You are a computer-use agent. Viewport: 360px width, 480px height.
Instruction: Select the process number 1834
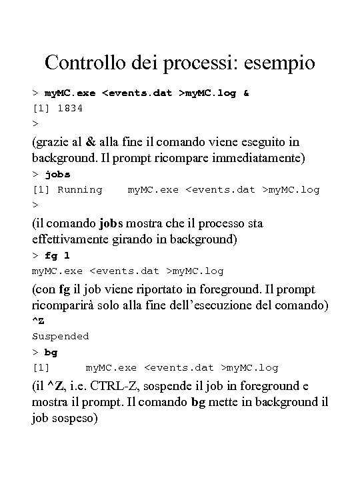tap(70, 107)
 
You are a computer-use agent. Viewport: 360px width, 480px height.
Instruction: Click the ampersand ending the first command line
tap(246, 93)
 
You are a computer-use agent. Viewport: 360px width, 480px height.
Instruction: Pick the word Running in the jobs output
tap(80, 189)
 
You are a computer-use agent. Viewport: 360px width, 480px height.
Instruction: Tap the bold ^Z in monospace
tap(39, 321)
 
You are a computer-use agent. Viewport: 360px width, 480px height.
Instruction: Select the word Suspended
tap(61, 337)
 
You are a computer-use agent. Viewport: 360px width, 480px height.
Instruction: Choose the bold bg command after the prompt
tap(51, 352)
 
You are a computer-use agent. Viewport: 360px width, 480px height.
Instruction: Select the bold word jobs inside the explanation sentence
tap(112, 223)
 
